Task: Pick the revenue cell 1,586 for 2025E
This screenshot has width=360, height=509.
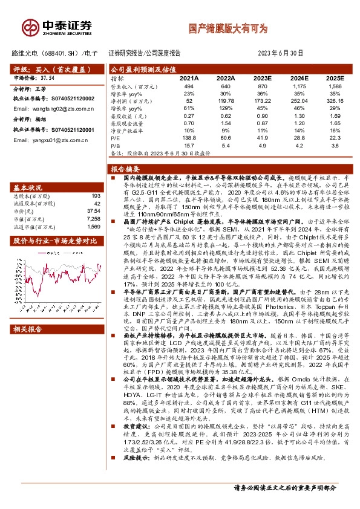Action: tap(335, 87)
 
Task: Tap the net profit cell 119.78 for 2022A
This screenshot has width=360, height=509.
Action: tap(225, 101)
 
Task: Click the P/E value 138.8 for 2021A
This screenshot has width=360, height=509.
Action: tap(190, 138)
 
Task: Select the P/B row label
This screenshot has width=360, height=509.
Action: tap(115, 146)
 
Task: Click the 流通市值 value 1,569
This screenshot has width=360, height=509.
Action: tap(93, 227)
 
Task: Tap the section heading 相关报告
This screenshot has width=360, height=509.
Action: tap(28, 329)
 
